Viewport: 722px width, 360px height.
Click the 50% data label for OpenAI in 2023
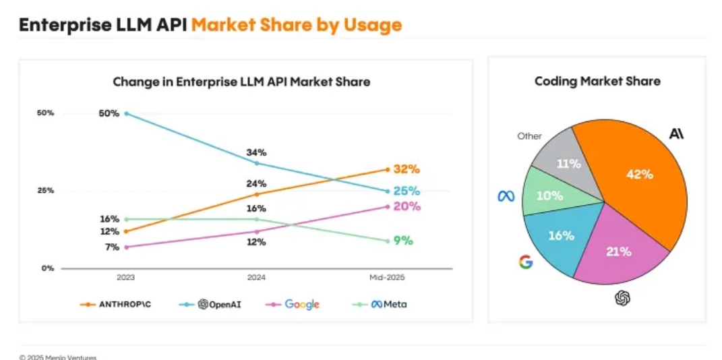click(109, 113)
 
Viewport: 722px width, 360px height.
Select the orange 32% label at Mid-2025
click(407, 169)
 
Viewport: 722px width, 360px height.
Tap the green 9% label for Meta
click(403, 241)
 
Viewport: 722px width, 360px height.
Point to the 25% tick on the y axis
click(45, 191)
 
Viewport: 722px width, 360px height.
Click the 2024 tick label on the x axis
click(256, 278)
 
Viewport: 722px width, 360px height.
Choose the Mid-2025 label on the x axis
click(387, 278)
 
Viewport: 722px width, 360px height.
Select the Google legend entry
click(294, 304)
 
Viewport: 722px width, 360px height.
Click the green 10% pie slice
click(547, 195)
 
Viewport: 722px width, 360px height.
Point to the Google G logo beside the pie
click(526, 262)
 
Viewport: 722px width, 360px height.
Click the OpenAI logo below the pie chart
click(622, 297)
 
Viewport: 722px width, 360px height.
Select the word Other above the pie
click(529, 136)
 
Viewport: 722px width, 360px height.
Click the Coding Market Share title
click(597, 82)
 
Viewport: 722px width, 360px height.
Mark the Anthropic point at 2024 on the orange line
click(256, 194)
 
